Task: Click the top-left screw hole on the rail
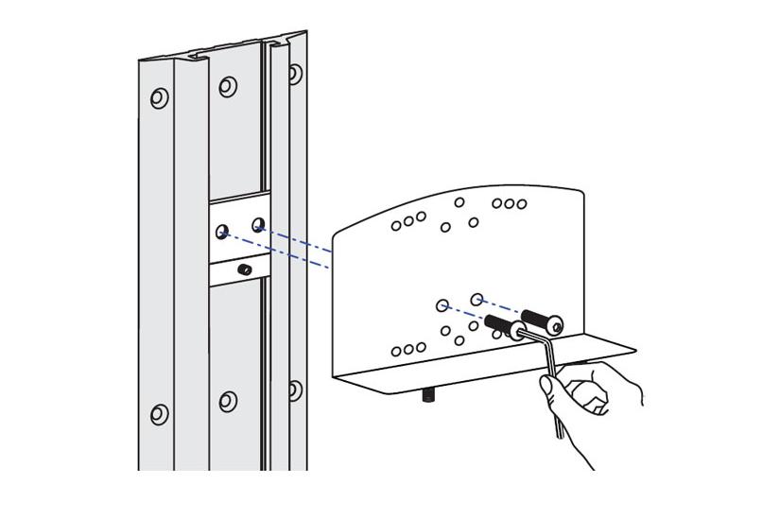click(x=159, y=97)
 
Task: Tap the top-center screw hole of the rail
click(x=228, y=87)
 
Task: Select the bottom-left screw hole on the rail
click(x=159, y=414)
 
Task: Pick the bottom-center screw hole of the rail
click(x=228, y=401)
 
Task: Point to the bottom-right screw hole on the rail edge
click(x=294, y=389)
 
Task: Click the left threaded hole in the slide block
click(x=222, y=231)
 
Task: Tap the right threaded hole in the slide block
click(x=258, y=224)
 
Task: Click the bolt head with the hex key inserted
click(x=517, y=332)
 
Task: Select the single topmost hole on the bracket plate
click(x=459, y=201)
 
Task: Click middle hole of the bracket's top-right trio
click(x=509, y=203)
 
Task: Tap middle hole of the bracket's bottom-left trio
click(x=408, y=350)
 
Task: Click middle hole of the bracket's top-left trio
click(x=408, y=221)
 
